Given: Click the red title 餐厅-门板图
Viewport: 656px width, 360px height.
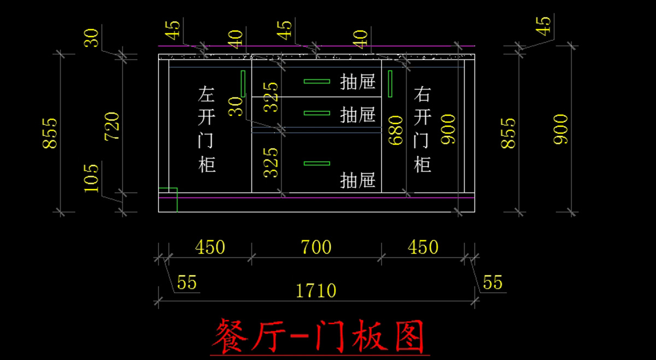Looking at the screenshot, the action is (x=319, y=337).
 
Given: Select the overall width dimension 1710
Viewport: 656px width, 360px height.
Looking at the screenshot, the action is (x=316, y=291).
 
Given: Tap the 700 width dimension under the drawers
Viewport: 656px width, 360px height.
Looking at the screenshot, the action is (x=316, y=247).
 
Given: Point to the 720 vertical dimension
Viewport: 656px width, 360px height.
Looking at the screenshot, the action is (x=112, y=126).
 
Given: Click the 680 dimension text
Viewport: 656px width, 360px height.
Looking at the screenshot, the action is (x=395, y=130).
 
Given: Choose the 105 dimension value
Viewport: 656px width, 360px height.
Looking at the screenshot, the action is (x=91, y=178).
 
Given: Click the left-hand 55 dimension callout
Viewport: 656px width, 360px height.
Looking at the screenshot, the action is (x=187, y=282).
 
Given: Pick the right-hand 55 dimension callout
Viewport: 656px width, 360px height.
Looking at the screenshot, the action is (x=493, y=282).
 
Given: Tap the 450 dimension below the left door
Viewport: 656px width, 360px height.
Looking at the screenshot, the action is (x=210, y=247).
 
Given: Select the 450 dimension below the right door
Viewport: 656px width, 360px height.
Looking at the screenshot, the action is (x=423, y=247).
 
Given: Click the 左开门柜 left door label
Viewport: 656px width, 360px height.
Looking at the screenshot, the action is (x=207, y=129).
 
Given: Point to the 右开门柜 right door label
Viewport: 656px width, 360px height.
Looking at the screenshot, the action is (x=422, y=129).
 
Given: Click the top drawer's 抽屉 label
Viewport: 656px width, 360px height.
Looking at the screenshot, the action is (x=358, y=81).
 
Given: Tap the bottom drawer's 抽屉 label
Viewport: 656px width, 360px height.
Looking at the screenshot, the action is (x=358, y=180).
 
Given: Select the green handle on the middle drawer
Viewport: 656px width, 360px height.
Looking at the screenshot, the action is (x=317, y=113).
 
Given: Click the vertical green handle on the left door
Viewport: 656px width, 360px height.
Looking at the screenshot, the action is (x=243, y=84).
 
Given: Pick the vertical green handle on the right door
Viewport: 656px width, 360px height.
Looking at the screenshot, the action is (x=390, y=84).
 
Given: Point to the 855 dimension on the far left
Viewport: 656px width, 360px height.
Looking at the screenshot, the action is (x=50, y=133).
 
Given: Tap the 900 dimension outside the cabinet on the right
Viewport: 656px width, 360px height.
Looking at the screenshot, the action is (x=560, y=129).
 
